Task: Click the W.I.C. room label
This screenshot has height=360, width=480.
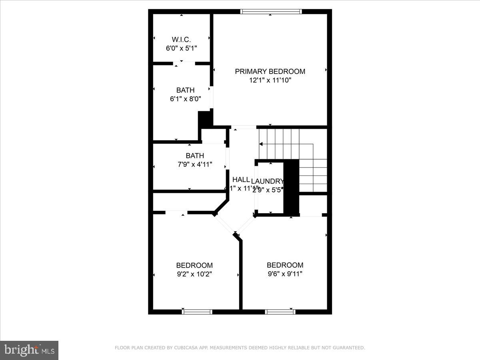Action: (x=181, y=39)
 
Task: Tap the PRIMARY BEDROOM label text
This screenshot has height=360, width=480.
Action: (x=270, y=71)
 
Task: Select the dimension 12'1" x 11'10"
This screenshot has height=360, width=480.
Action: (x=270, y=80)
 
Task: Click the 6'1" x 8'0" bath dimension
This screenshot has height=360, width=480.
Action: (x=185, y=99)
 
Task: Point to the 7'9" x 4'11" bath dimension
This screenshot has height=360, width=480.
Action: (x=195, y=164)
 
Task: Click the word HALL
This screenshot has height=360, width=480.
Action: (x=241, y=180)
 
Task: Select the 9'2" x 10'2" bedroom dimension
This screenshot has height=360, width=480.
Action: (x=194, y=274)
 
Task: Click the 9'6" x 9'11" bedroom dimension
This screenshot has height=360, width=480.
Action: (x=285, y=274)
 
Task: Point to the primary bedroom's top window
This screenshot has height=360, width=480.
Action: (x=271, y=12)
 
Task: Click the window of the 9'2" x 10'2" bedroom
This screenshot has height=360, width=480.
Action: (x=197, y=312)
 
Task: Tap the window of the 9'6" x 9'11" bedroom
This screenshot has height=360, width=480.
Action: (x=280, y=312)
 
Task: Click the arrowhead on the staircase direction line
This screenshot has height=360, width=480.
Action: (x=261, y=144)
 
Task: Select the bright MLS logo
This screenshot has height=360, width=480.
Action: (x=29, y=350)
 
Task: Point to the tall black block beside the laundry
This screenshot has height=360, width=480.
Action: (x=291, y=187)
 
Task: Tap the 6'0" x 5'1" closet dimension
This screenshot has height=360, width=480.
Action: (x=181, y=48)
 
